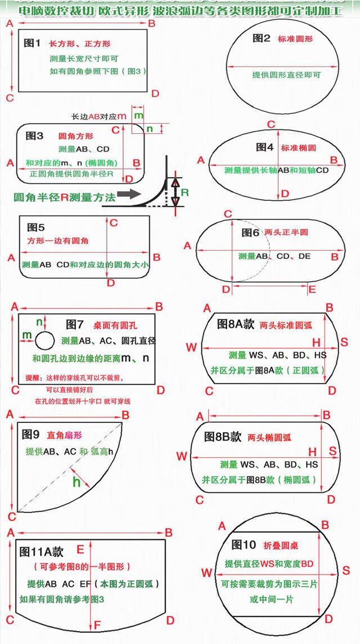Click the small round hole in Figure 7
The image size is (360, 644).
pos(45,340)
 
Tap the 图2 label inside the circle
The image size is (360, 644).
pos(262,38)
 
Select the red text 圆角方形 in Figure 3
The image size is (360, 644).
pos(76,136)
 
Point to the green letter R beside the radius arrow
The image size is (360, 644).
pos(185,192)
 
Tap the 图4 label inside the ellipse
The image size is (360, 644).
pos(265,147)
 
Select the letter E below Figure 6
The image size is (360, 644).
pos(312,289)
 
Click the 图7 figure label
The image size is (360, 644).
pos(75,325)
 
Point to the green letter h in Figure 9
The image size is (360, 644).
pos(76,481)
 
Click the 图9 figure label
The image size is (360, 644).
pos(30,434)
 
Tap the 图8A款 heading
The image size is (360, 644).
pos(236,325)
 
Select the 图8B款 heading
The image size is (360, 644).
pos(223,436)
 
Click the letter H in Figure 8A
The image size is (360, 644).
pos(316,342)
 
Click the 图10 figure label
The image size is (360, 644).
pos(244,544)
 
